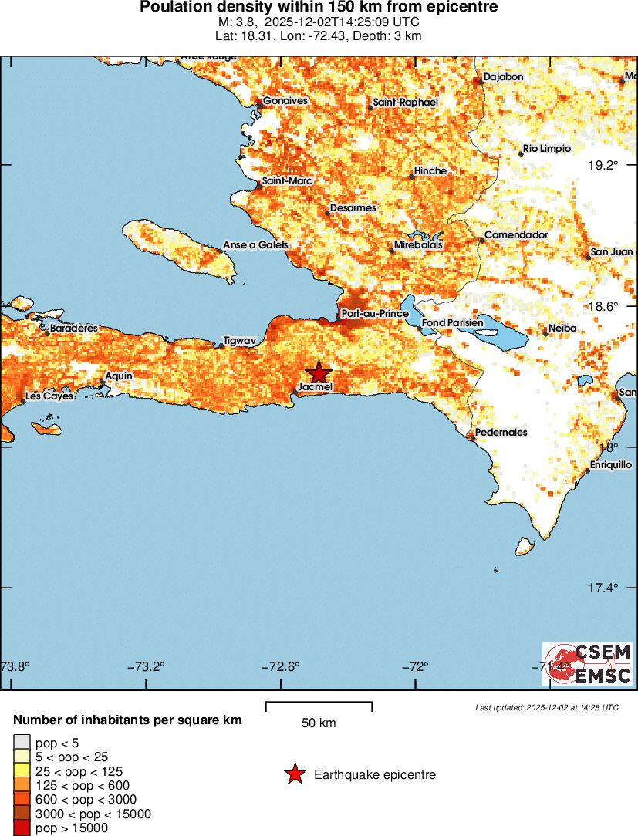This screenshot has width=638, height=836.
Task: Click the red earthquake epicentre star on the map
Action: (x=318, y=373)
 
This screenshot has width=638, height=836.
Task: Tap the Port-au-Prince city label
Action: (x=374, y=314)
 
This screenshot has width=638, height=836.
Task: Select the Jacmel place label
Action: (x=316, y=387)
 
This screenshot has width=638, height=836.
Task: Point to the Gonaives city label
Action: (x=285, y=101)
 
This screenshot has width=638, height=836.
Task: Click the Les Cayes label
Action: (x=49, y=396)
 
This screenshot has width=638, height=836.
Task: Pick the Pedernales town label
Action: (x=501, y=433)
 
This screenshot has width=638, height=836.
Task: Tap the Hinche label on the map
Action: (x=430, y=171)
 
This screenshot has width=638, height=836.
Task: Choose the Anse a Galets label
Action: (x=255, y=245)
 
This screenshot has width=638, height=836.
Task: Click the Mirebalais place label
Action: (x=418, y=245)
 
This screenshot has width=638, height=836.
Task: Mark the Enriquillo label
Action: (x=611, y=465)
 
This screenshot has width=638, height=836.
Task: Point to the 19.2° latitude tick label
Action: (x=603, y=165)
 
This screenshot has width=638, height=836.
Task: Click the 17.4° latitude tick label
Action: (x=603, y=588)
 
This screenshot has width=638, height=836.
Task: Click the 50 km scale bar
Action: (x=319, y=707)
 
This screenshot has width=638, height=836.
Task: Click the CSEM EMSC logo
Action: (x=588, y=664)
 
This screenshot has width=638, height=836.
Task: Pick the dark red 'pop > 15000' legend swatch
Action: (x=21, y=828)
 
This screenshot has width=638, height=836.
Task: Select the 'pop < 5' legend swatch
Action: (x=21, y=743)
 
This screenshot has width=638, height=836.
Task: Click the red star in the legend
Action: (x=295, y=774)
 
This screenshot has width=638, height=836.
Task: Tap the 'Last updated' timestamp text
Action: (x=547, y=707)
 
